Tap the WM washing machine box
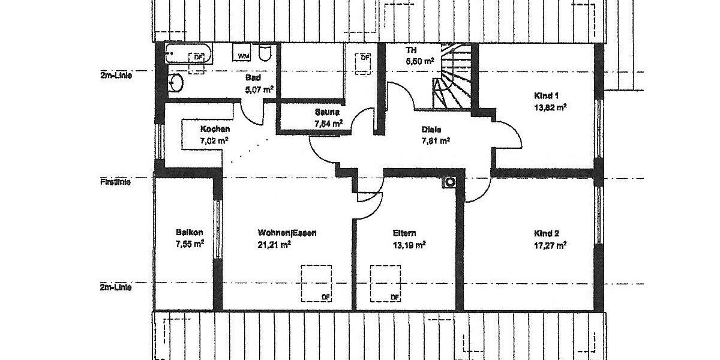pyautogui.click(x=243, y=55)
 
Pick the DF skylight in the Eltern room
pyautogui.click(x=385, y=283)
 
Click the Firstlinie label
pyautogui.click(x=116, y=179)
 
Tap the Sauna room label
pyautogui.click(x=327, y=112)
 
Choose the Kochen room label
pyautogui.click(x=215, y=129)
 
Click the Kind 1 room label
pyautogui.click(x=546, y=95)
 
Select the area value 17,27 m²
pyautogui.click(x=550, y=245)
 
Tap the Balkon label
pyautogui.click(x=190, y=233)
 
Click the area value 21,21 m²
pyautogui.click(x=274, y=244)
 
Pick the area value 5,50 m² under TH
pyautogui.click(x=419, y=61)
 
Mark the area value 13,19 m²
pyautogui.click(x=409, y=245)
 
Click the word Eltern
pyautogui.click(x=404, y=233)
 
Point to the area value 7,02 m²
pyautogui.click(x=214, y=141)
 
